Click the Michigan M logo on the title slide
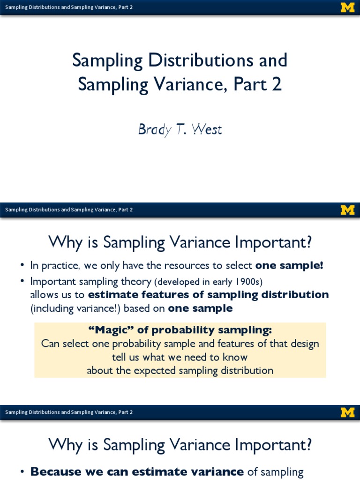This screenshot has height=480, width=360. [347, 7]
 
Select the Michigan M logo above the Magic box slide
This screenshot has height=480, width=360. [347, 210]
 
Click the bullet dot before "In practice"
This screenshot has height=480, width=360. [22, 266]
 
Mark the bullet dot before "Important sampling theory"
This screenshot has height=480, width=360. [22, 282]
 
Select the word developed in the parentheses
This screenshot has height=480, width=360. [180, 281]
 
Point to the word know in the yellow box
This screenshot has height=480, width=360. [235, 357]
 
